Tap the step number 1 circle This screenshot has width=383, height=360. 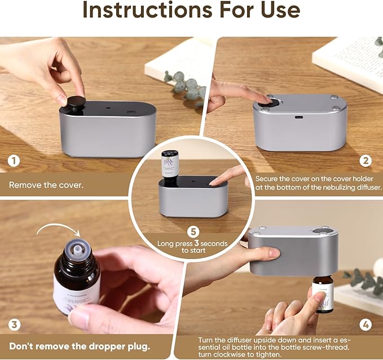pyautogui.click(x=14, y=161)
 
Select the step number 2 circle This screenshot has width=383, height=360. pyautogui.click(x=366, y=161)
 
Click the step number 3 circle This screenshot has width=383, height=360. pyautogui.click(x=15, y=324)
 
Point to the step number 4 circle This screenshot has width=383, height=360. pyautogui.click(x=366, y=324)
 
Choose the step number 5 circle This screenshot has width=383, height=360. pyautogui.click(x=193, y=231)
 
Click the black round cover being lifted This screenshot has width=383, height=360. pyautogui.click(x=76, y=102)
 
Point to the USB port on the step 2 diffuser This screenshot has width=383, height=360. pyautogui.click(x=298, y=117)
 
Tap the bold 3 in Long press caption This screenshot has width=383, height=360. pyautogui.click(x=196, y=243)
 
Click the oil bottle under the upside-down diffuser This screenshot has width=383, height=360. pyautogui.click(x=323, y=295)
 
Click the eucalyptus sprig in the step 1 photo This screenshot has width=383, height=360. pyautogui.click(x=185, y=85)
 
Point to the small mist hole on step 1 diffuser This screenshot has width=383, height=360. pyautogui.click(x=108, y=107)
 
